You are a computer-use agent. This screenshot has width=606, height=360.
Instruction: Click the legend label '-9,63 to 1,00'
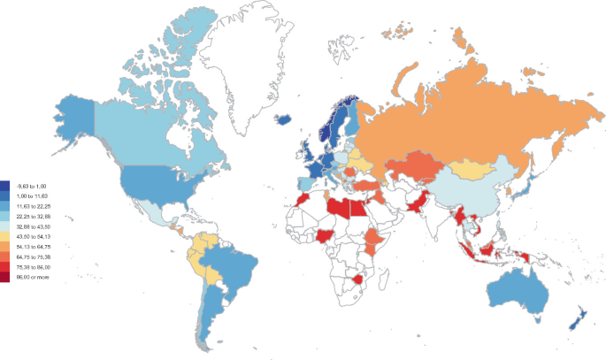[x=32, y=185]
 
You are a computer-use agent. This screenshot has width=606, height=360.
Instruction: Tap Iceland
[x=286, y=119]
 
